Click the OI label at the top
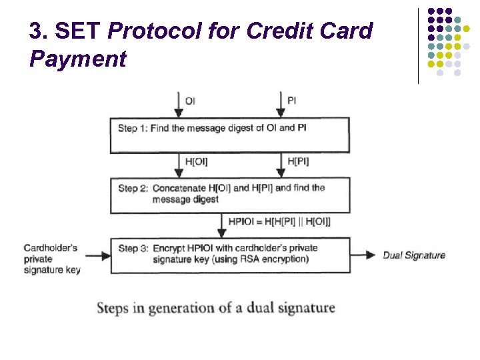(190, 101)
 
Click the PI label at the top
(292, 101)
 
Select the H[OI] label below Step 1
(195, 161)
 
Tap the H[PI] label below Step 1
(298, 161)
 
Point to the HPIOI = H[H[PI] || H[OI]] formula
(279, 221)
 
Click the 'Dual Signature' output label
(414, 255)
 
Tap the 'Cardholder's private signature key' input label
(51, 259)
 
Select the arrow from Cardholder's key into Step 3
(97, 255)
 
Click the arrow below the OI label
(178, 105)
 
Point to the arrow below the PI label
(280, 105)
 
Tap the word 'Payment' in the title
(78, 59)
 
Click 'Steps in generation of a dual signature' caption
(216, 308)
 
